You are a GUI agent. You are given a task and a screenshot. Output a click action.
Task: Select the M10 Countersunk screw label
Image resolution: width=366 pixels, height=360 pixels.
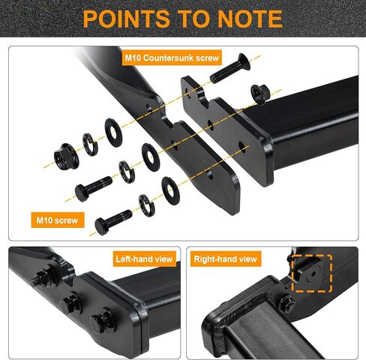tap(172, 58)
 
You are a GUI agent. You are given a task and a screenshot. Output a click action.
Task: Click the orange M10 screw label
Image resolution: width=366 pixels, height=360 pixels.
tap(58, 220)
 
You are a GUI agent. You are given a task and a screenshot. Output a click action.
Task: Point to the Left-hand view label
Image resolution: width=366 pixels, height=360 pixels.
tap(144, 259)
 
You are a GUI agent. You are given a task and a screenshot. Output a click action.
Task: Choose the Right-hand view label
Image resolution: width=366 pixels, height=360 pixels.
tap(226, 259)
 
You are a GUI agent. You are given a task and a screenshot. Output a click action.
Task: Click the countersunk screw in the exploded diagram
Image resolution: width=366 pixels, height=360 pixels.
tap(230, 68)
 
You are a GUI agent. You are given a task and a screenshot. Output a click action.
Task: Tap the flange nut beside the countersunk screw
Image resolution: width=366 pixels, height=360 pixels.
tap(260, 94)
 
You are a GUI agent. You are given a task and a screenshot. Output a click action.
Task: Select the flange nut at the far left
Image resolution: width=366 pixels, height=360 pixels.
tap(66, 157)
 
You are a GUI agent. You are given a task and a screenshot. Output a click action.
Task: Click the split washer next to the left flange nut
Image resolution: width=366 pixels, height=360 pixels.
tap(89, 145)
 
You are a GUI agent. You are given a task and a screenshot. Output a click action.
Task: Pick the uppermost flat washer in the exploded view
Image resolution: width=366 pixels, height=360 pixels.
tap(113, 133)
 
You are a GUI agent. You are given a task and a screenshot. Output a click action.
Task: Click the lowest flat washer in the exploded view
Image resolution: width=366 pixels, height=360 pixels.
tap(170, 190)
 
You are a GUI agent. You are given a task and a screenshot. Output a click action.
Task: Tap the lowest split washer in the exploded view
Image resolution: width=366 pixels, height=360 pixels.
tap(146, 205)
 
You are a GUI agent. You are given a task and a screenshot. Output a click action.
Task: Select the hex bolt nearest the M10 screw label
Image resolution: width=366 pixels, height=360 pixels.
tap(113, 222)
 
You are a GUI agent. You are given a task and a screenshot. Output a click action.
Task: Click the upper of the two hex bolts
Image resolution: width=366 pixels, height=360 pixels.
tap(93, 189)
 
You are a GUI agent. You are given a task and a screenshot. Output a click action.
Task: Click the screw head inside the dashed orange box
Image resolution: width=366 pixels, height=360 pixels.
tap(313, 274)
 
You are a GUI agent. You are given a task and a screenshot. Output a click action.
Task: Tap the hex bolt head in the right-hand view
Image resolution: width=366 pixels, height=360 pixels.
tap(286, 304)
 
